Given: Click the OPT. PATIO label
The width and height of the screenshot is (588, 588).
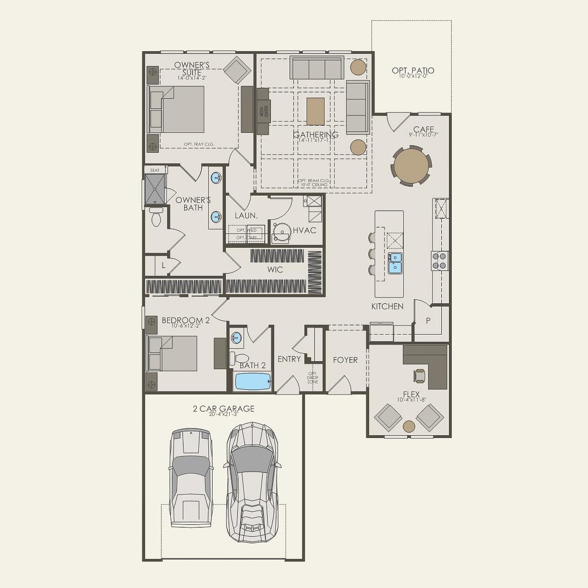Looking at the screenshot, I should click(412, 71).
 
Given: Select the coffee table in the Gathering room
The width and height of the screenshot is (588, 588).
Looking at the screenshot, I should click(316, 111).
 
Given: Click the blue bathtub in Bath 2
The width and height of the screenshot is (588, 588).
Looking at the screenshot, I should click(253, 381).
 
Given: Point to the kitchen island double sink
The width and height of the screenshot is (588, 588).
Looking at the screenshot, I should click(395, 263).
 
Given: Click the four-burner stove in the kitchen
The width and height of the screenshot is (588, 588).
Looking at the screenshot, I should click(439, 261).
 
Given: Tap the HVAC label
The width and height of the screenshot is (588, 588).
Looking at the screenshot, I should click(304, 230).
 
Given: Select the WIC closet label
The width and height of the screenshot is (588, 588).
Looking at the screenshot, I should click(275, 270).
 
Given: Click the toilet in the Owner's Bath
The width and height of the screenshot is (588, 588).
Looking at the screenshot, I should click(156, 217).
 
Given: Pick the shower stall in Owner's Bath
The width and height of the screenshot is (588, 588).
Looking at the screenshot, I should click(155, 188).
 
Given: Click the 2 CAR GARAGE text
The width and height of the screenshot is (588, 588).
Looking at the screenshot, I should click(224, 409).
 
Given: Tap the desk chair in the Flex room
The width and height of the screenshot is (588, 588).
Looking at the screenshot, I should click(420, 375).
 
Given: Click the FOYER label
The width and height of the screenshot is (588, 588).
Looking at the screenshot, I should click(345, 360).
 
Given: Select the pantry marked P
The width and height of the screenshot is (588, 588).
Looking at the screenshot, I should click(428, 321).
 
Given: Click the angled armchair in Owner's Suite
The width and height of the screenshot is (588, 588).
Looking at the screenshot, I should click(237, 70).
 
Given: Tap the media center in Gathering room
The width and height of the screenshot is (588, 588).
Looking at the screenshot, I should click(263, 111).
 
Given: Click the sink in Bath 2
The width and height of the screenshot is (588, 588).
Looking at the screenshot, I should click(236, 338).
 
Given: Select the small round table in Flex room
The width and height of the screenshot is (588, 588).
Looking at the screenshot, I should click(409, 426).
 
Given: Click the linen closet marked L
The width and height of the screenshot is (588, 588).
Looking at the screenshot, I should click(163, 266).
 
